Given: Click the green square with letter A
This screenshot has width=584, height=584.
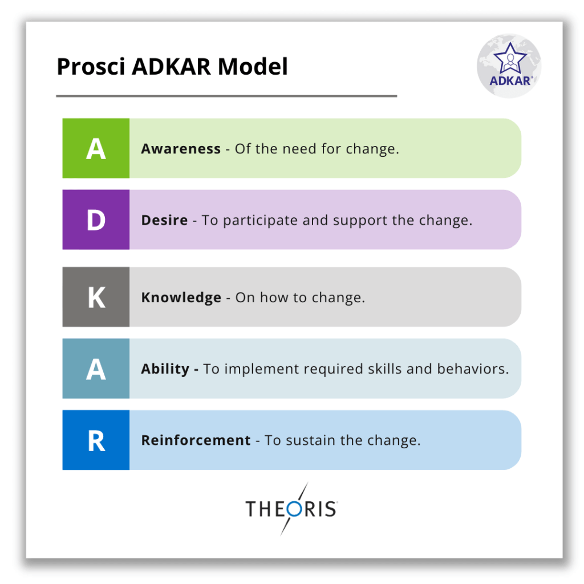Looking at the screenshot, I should (96, 148).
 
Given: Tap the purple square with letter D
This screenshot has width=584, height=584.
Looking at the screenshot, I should (96, 220).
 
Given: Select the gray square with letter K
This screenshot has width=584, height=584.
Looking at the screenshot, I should (96, 297).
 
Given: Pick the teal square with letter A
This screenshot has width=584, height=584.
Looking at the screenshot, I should (96, 369).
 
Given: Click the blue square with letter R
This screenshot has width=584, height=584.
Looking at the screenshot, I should (96, 440).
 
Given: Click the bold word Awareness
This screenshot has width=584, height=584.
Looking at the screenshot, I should (181, 149).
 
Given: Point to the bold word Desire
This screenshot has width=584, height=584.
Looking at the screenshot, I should (164, 220).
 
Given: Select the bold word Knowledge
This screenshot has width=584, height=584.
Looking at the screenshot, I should (181, 298).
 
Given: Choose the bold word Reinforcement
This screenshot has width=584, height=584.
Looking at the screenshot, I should (196, 440).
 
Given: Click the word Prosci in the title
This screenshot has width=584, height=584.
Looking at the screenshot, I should (91, 67).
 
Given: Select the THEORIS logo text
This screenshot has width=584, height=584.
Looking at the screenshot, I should (291, 508).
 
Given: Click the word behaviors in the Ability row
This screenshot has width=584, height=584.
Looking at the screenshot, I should (473, 369).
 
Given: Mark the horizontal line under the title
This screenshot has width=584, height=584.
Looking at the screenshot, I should (226, 96).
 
